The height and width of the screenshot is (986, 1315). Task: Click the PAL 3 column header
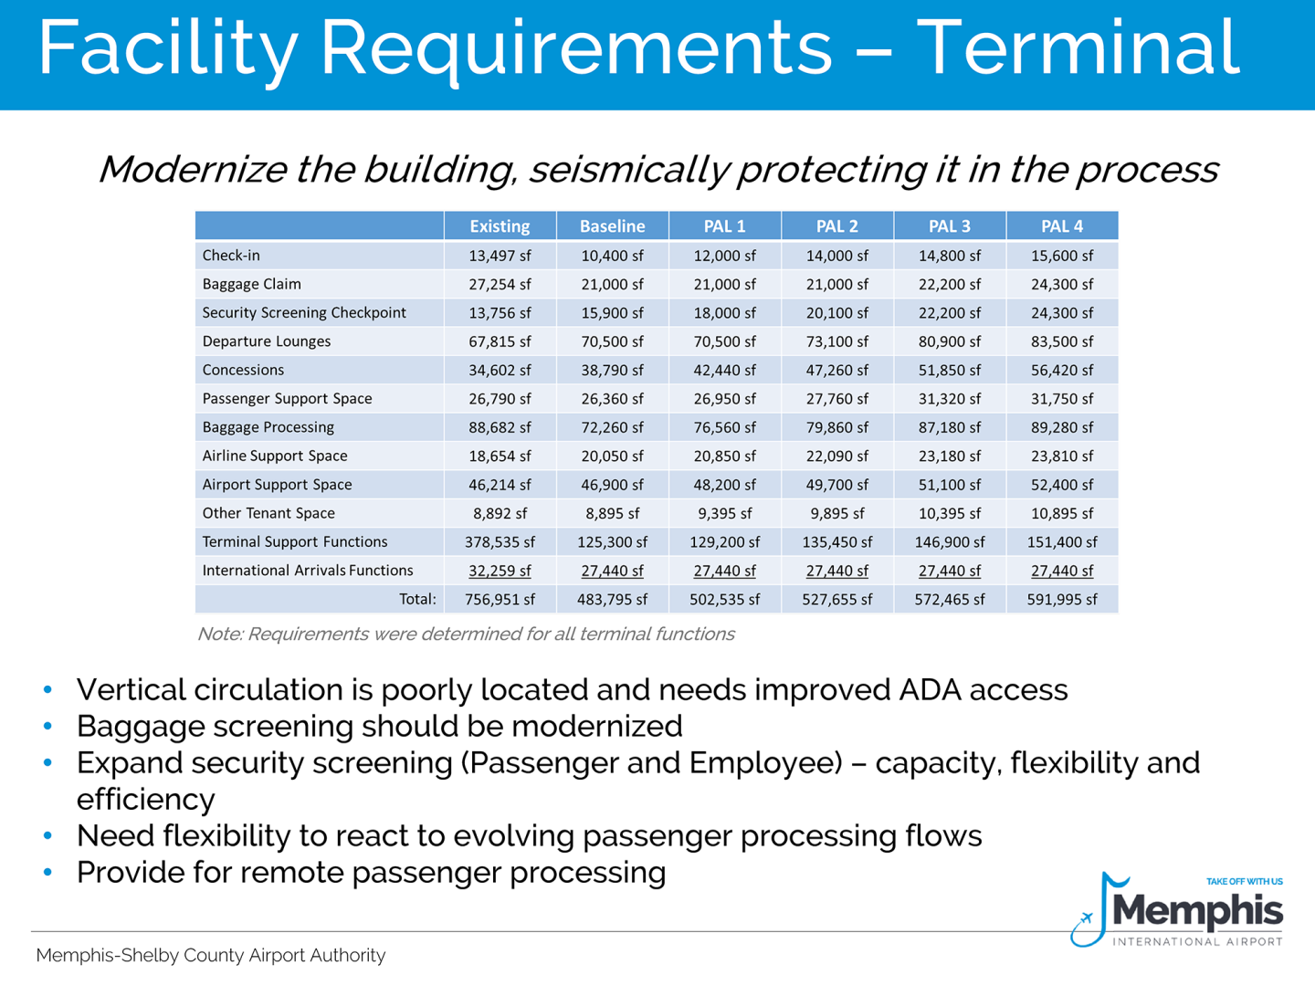950,226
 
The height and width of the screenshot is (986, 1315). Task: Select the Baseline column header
612,226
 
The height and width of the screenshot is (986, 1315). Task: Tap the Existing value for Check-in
500,256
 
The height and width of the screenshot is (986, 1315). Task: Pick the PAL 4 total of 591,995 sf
1061,600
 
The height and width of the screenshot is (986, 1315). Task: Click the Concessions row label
243,370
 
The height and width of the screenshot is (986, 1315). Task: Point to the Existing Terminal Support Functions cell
500,542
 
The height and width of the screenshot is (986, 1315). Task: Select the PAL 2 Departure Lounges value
836,341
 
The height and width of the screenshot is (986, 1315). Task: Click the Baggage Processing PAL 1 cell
724,427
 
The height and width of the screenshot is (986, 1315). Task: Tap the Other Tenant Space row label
268,513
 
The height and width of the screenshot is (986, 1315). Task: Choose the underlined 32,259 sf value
500,571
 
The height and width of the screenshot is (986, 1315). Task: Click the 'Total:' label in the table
417,600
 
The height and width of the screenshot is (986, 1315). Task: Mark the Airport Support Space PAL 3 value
950,485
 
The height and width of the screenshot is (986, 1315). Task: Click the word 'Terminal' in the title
1078,47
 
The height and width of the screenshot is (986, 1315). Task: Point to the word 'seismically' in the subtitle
630,170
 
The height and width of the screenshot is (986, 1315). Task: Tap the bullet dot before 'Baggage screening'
47,726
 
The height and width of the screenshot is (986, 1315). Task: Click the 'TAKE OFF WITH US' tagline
1244,882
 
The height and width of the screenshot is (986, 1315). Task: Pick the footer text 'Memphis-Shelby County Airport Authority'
211,955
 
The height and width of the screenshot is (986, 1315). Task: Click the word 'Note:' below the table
219,634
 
